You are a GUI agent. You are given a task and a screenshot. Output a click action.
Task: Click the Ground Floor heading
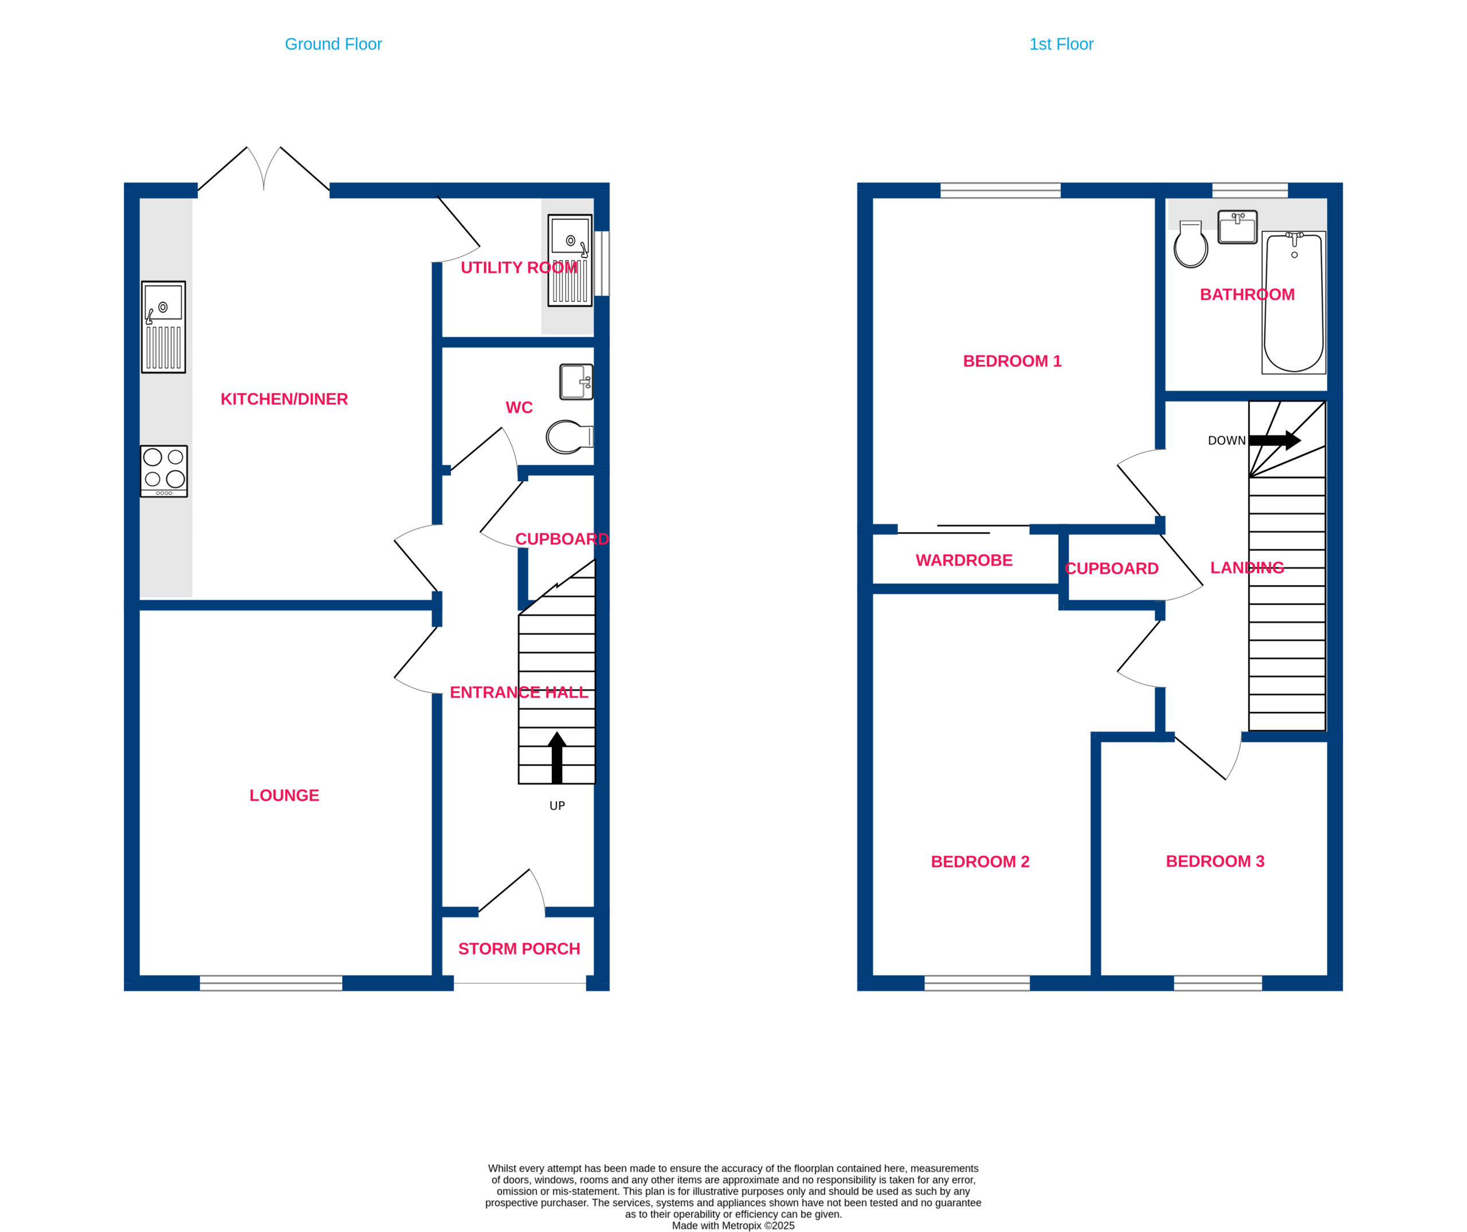(333, 44)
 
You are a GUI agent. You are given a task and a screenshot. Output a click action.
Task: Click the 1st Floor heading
(1061, 44)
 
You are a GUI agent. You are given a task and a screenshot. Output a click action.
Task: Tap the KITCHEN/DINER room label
(284, 399)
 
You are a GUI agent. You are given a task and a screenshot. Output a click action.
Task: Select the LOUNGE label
(284, 795)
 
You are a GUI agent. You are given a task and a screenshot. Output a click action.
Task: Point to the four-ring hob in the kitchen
(164, 471)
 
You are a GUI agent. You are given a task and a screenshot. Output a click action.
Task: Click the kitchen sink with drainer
(163, 327)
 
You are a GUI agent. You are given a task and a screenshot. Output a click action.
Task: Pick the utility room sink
(570, 261)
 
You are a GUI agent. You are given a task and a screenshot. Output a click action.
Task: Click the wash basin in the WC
(576, 382)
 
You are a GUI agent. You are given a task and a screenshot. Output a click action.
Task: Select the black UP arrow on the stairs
(557, 757)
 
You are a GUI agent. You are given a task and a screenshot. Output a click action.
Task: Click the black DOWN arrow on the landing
(1275, 440)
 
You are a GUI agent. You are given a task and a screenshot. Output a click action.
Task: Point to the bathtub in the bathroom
(1294, 302)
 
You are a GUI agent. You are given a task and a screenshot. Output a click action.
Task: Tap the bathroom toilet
(1191, 245)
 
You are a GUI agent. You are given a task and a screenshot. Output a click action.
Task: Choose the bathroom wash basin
(1237, 227)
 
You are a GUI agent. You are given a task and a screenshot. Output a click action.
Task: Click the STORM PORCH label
(519, 948)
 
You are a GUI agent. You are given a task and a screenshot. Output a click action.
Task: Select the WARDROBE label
(964, 560)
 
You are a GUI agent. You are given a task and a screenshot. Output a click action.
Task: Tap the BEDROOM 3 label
(1215, 861)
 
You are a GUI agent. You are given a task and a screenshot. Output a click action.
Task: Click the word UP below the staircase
(557, 805)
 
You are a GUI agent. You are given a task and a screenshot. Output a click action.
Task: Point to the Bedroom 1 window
(1001, 191)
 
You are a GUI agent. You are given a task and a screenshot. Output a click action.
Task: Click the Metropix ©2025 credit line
(733, 1225)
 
